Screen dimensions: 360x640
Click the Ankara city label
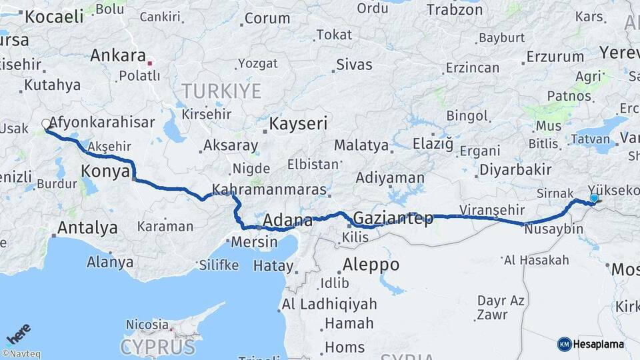point(118,55)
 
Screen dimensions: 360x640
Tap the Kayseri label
point(299,123)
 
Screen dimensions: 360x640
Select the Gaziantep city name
point(393,218)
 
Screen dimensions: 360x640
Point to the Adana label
point(288,221)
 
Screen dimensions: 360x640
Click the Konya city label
point(105,171)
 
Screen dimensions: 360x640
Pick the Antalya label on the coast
point(87,227)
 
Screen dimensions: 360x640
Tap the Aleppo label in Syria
point(371,265)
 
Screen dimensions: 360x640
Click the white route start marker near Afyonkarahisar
point(46,123)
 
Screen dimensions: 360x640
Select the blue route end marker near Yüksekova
point(594,198)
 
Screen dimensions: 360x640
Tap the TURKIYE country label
point(221,91)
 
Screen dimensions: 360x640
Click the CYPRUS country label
point(157,347)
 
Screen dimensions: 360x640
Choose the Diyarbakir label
point(515,169)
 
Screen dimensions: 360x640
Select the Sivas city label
point(354,65)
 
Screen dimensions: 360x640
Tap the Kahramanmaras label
point(269,189)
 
